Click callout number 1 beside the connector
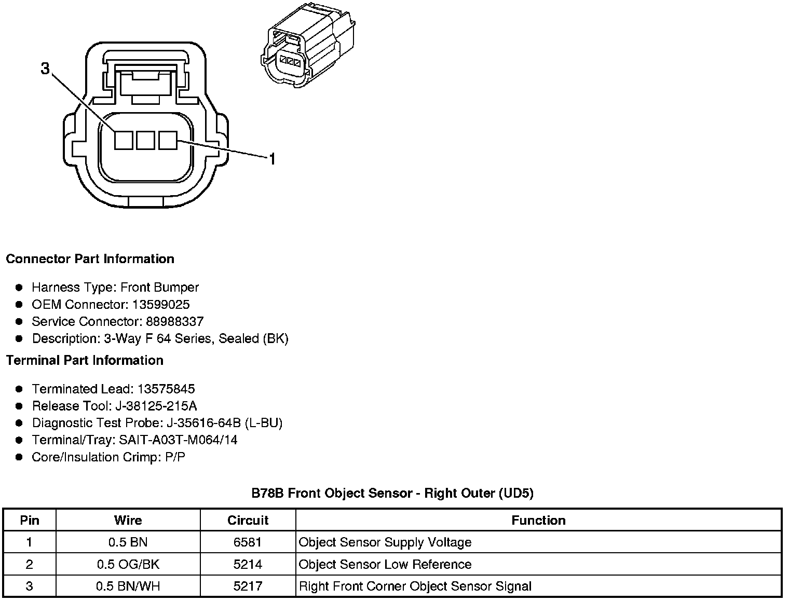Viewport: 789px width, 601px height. coord(271,158)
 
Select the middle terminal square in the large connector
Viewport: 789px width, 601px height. coord(146,140)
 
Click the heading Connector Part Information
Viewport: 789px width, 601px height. coord(90,258)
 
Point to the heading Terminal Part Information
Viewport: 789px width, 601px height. coord(85,360)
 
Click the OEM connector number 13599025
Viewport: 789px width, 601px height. coord(160,304)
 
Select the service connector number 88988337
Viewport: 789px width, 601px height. coord(174,321)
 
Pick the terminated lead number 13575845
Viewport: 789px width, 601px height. coord(165,389)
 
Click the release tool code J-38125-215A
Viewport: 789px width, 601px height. coord(159,406)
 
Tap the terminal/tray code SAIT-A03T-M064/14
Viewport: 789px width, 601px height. coord(178,440)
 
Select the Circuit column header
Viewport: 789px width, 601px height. coord(248,520)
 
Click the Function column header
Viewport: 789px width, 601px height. coord(538,520)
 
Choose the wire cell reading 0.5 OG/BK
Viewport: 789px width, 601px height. coord(128,564)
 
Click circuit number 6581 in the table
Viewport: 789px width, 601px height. coord(248,542)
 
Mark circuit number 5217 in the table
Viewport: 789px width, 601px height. coord(248,586)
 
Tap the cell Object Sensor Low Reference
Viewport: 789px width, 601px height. coord(385,564)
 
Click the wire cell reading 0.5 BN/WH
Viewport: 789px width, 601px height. coord(128,586)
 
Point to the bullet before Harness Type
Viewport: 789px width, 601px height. coord(19,287)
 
